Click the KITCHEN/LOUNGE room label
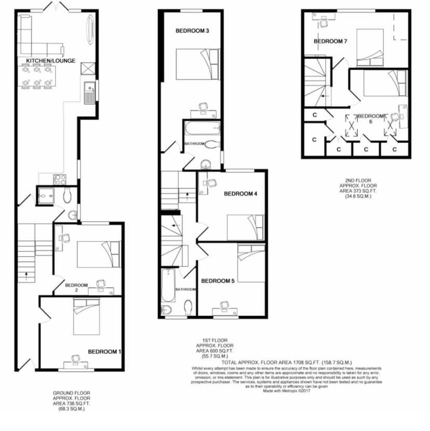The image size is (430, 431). click(50, 61)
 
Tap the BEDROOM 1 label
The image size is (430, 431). click(104, 352)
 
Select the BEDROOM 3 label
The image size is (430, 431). click(192, 31)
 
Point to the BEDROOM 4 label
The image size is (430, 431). click(240, 194)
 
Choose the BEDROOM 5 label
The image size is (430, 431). click(218, 281)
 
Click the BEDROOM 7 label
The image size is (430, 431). click(330, 41)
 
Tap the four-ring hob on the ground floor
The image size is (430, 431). click(59, 180)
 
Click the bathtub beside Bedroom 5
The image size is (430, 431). click(168, 285)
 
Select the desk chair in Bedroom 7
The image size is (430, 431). click(324, 21)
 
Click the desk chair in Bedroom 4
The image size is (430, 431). click(211, 183)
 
